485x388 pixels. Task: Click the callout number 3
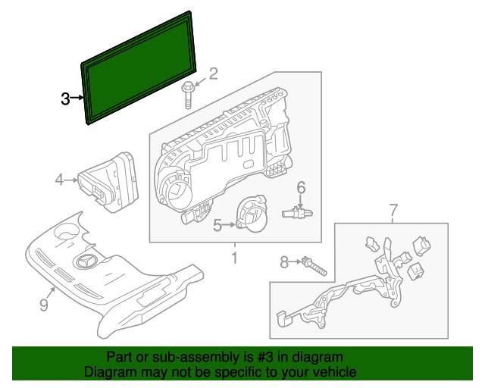click(66, 98)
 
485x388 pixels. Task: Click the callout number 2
click(213, 74)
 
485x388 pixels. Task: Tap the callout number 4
click(59, 180)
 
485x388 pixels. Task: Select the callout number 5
click(217, 224)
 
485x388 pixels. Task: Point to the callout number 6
click(300, 187)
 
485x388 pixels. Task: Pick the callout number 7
click(393, 209)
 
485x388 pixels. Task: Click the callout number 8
click(284, 262)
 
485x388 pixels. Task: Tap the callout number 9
click(43, 305)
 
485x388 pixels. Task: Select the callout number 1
click(234, 258)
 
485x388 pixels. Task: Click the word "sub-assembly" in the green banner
click(175, 356)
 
